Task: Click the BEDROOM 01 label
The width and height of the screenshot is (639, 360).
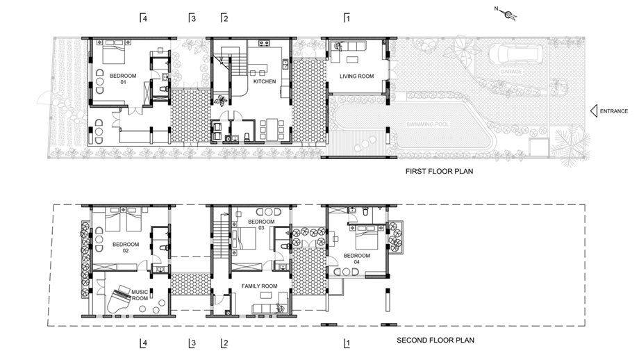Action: (x=123, y=79)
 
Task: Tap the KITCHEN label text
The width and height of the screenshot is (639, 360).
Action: (x=265, y=81)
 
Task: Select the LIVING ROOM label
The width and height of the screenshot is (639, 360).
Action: (x=356, y=76)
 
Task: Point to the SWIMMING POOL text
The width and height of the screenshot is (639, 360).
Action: (x=427, y=124)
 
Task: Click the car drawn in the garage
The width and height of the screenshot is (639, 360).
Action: (x=515, y=54)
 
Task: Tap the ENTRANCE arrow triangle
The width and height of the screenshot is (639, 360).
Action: (x=594, y=111)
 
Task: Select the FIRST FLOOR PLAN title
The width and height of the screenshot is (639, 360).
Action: (x=439, y=171)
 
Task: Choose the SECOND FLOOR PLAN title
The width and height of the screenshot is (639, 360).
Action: (x=435, y=340)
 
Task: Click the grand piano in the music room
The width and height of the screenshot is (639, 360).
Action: (x=118, y=300)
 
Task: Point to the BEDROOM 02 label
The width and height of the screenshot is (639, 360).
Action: (x=126, y=247)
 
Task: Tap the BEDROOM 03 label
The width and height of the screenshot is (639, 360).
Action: (x=261, y=224)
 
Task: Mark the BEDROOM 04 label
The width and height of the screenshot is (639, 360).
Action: (x=356, y=259)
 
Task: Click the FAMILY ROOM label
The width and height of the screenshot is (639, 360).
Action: (x=259, y=286)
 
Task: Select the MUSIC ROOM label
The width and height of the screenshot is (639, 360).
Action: (x=140, y=295)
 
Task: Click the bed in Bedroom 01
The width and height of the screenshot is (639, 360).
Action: (x=113, y=52)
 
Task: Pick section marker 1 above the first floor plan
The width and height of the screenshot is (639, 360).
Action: (x=347, y=18)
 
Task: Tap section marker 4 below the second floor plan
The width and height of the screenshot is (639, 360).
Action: (x=143, y=343)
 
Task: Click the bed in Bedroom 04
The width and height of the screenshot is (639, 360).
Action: (x=367, y=237)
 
